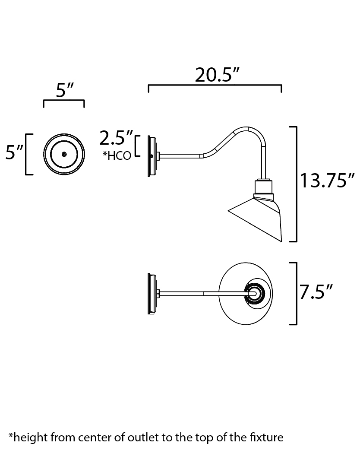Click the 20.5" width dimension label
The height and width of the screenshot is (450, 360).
coord(217,75)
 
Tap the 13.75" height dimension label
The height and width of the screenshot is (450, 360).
coord(328,180)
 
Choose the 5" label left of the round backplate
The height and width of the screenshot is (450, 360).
coord(14,153)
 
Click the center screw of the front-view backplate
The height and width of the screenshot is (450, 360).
coord(64,154)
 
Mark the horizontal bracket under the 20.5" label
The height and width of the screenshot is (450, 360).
coord(215,86)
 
